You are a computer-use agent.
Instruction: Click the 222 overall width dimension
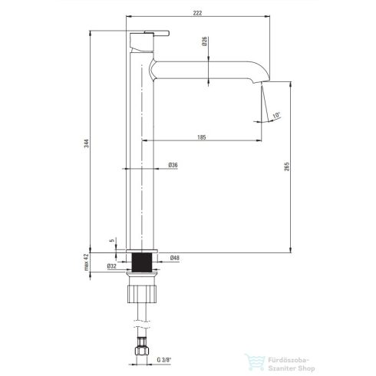197,13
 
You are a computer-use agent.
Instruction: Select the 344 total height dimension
87,143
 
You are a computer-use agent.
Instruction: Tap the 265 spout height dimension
287,167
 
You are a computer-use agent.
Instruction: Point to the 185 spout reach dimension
202,137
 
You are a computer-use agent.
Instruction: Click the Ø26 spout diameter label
204,41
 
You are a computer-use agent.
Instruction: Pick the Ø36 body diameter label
173,165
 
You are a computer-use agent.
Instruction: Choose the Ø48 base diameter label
175,258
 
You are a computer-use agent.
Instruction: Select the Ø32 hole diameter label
112,266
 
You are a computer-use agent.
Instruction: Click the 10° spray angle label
276,115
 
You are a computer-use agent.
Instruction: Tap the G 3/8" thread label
164,360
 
